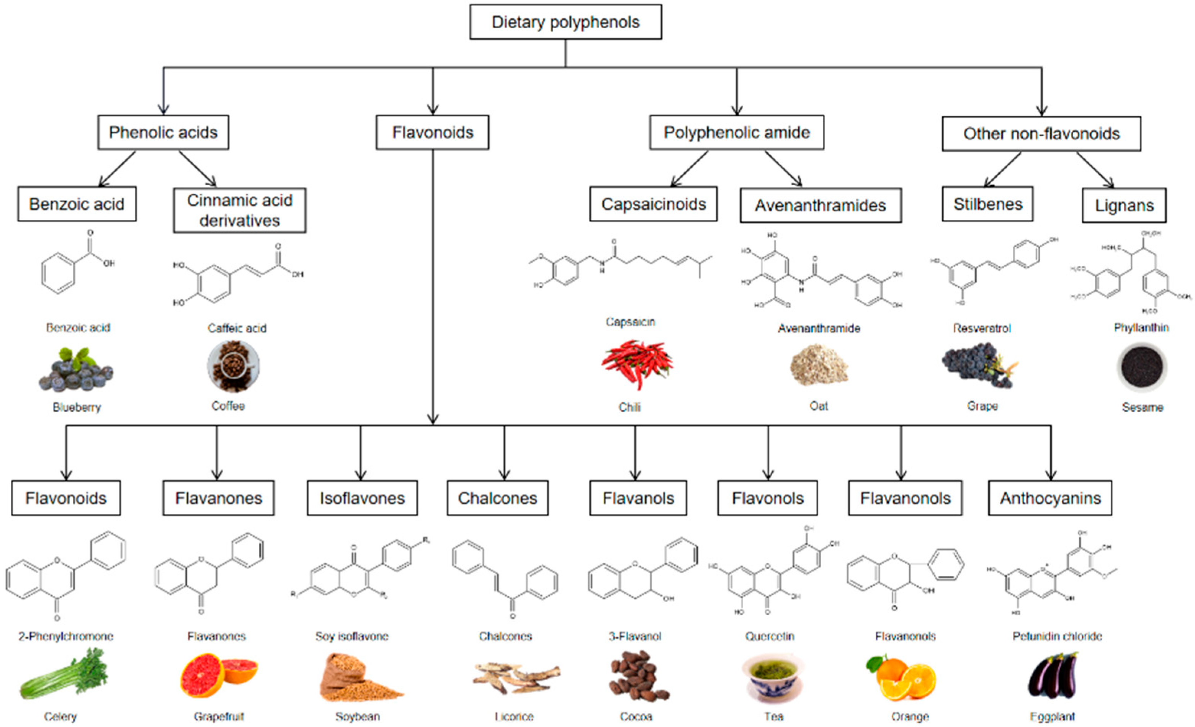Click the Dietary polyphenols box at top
565,22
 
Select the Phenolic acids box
163,132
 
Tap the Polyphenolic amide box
736,132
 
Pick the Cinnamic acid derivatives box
240,210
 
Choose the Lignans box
1124,205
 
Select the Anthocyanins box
1050,498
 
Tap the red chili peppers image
637,364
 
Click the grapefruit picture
218,675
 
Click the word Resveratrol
982,328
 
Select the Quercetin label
769,636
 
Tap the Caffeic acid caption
237,328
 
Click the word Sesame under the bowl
1142,407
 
